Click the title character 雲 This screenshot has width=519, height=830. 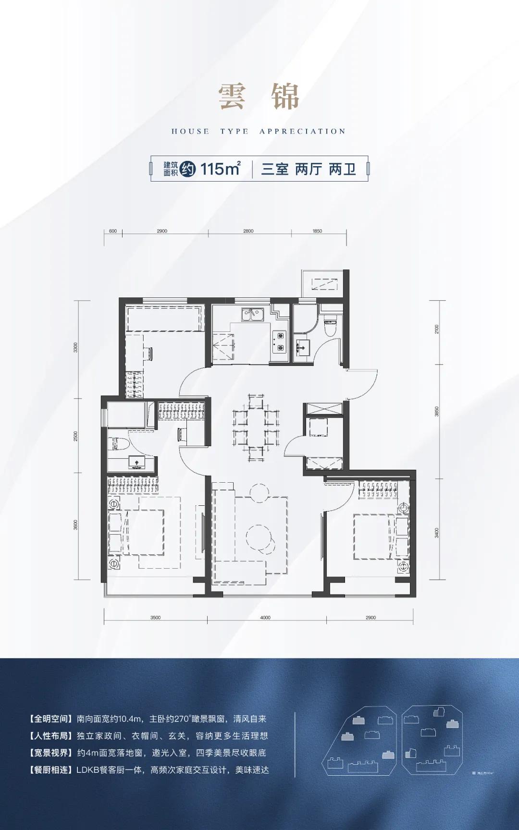tap(232, 97)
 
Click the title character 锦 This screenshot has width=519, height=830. tap(285, 97)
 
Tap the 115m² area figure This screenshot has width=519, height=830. tap(220, 169)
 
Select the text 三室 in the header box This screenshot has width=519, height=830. tap(275, 169)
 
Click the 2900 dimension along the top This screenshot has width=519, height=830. tap(162, 231)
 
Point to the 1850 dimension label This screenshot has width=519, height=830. tap(317, 231)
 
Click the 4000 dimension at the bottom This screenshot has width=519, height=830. tap(265, 618)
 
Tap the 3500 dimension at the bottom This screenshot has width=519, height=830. tap(155, 618)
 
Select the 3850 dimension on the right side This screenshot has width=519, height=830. tap(436, 412)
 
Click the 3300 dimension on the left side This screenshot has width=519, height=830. tap(75, 347)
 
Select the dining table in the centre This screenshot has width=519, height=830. tap(256, 428)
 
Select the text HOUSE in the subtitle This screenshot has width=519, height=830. tap(190, 132)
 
